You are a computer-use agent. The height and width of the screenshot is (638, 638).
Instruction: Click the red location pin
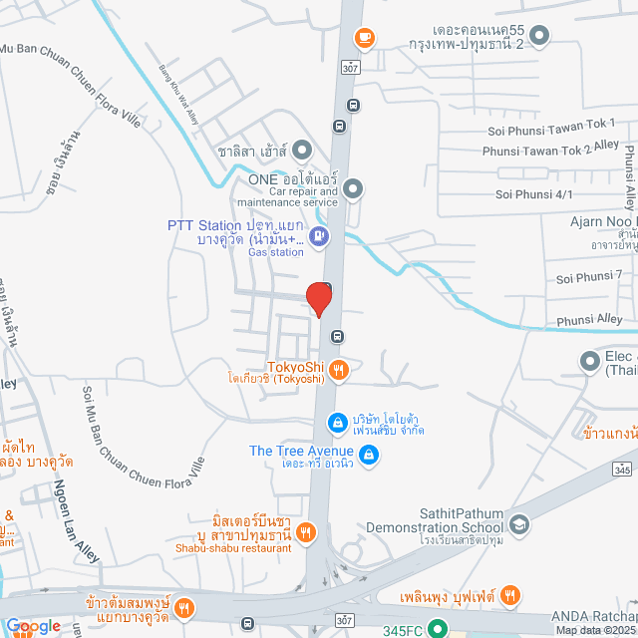(318, 298)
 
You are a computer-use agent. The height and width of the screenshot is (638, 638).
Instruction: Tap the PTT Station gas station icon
(318, 236)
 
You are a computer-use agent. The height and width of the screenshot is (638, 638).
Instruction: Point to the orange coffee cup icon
(364, 38)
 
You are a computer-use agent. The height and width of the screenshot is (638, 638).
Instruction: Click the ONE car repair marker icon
(353, 187)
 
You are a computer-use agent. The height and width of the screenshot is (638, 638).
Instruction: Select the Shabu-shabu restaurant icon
(306, 559)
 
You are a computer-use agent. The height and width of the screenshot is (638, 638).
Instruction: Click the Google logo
(33, 626)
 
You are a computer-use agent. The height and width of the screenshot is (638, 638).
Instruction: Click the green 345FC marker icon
(437, 628)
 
